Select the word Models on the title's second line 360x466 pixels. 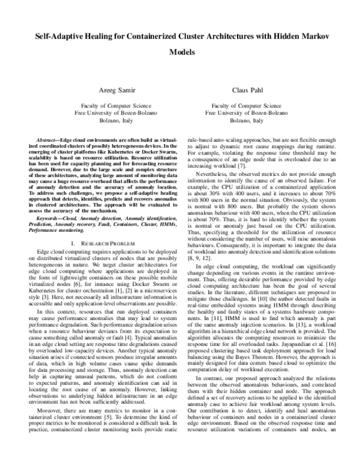(180, 52)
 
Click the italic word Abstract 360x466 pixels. (49, 139)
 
